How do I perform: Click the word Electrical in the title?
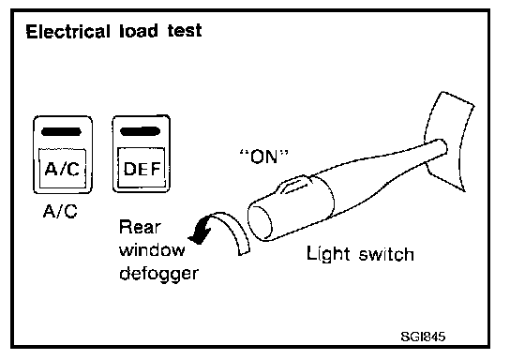click(67, 32)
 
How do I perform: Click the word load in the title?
click(139, 31)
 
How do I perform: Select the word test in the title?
click(185, 31)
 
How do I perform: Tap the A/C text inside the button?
click(62, 169)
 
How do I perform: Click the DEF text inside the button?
click(142, 169)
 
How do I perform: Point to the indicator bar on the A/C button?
click(61, 132)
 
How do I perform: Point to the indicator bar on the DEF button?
click(140, 131)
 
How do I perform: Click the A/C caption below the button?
click(60, 211)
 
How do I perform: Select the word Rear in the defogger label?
click(140, 227)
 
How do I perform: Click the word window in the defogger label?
click(152, 249)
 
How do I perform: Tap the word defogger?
click(159, 274)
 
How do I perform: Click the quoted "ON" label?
click(263, 157)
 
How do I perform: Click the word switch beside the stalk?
click(386, 254)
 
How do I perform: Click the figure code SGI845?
click(423, 337)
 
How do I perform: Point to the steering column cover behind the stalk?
click(450, 141)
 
